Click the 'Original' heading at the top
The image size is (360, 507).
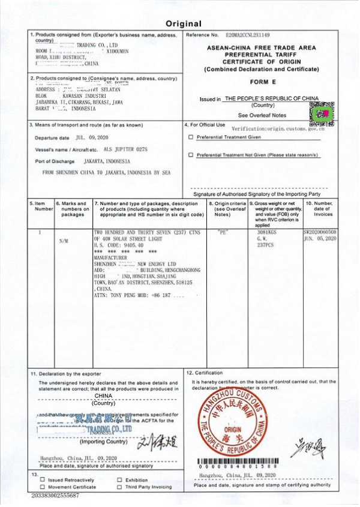[184, 24]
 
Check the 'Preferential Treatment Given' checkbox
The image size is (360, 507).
[191, 137]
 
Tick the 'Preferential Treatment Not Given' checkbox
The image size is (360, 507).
[191, 155]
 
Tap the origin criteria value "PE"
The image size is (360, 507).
[222, 231]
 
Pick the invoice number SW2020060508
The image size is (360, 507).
[319, 232]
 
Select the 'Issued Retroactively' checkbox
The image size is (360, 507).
[42, 480]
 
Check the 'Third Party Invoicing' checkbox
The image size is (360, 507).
[119, 487]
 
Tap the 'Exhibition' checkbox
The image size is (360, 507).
[119, 480]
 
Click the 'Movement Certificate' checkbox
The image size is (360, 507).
[42, 487]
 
